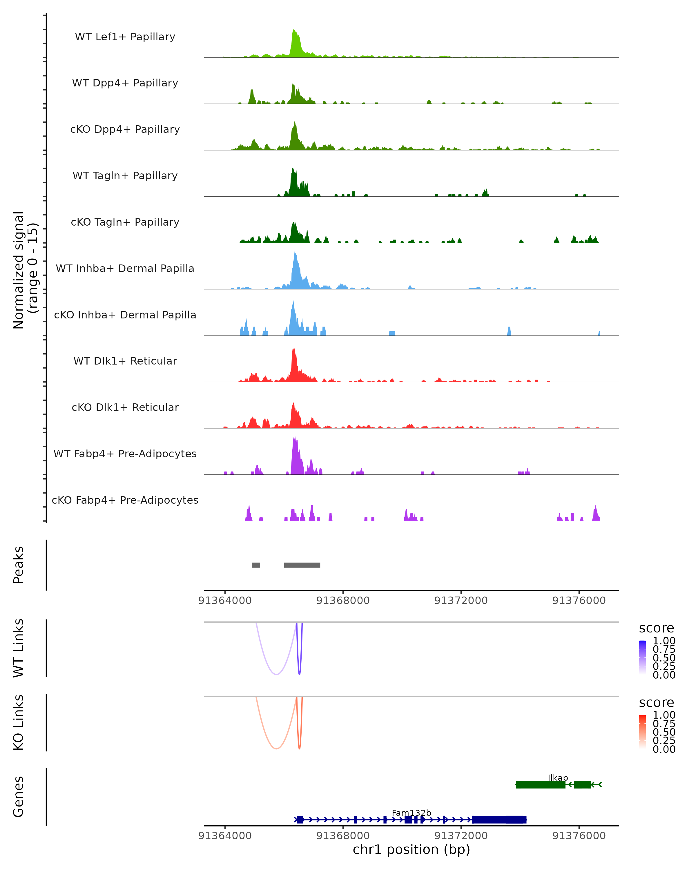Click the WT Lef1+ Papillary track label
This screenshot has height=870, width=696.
[x=125, y=37]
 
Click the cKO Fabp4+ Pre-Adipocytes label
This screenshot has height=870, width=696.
[x=125, y=500]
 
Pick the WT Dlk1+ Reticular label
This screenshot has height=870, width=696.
[x=125, y=361]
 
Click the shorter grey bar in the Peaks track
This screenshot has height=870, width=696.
[x=256, y=565]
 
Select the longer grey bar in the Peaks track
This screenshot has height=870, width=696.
[x=302, y=565]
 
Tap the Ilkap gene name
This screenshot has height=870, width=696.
[x=558, y=777]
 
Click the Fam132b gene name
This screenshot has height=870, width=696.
[x=411, y=813]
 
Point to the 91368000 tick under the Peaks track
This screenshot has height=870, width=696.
[x=343, y=601]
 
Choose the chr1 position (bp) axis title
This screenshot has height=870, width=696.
[x=411, y=849]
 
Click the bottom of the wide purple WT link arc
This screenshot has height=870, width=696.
[x=276, y=674]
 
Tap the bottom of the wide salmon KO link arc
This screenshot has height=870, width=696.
[x=276, y=748]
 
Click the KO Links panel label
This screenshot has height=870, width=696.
[x=19, y=722]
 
